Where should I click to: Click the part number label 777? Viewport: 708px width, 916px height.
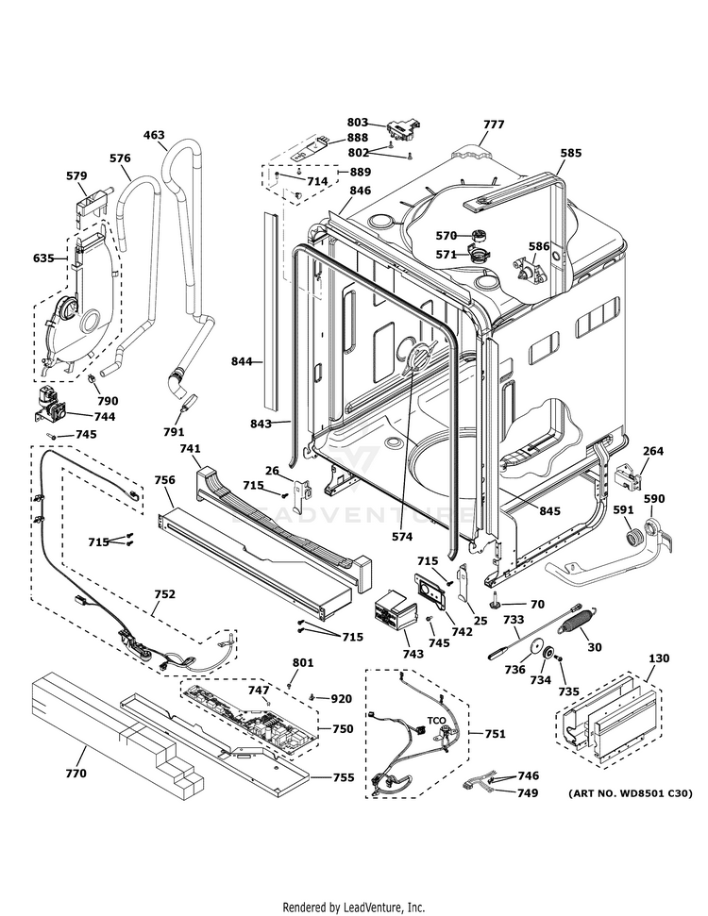point(494,125)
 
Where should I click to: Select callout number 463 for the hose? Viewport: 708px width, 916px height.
point(155,135)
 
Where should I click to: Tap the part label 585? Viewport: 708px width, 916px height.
point(570,153)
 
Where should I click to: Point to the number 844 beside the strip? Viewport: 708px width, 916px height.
point(243,361)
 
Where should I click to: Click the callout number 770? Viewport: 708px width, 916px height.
point(76,774)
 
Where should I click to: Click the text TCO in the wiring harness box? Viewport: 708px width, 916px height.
point(437,720)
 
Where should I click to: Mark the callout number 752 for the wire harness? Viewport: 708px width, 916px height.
point(165,594)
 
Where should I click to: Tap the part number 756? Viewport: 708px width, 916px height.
point(164,480)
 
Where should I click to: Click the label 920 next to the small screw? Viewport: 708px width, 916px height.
point(341,698)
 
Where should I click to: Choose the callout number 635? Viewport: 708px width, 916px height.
point(43,258)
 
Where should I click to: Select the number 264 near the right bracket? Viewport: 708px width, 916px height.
point(653,451)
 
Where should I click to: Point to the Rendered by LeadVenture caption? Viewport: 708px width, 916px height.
point(354,907)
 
